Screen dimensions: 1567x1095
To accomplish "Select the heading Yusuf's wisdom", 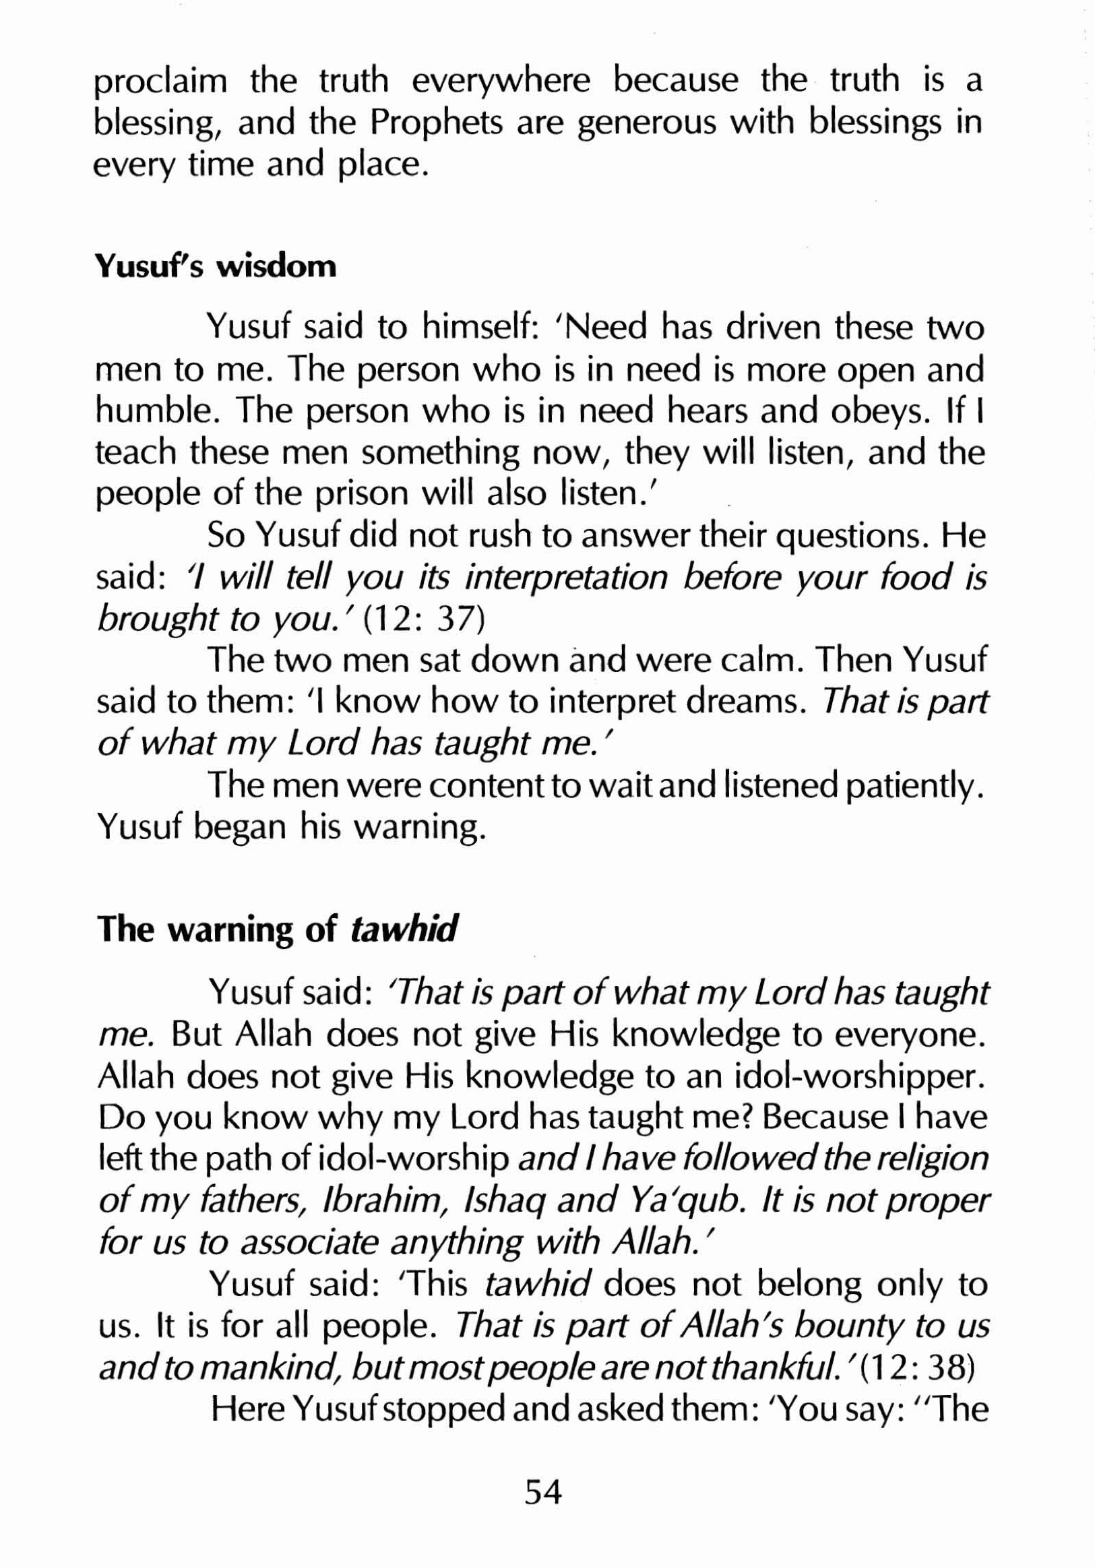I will [x=216, y=266].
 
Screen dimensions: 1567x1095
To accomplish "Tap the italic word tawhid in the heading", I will [x=403, y=929].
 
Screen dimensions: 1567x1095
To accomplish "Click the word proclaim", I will [x=160, y=82].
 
